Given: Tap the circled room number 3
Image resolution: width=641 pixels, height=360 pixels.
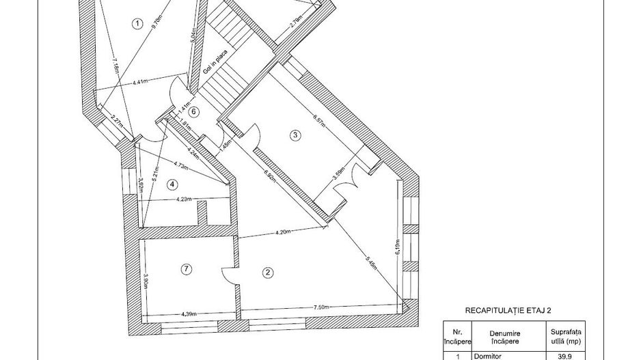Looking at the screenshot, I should coord(295,135).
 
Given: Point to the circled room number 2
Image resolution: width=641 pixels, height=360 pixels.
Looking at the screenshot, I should coord(268,272).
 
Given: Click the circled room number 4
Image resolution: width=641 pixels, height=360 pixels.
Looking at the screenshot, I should coord(172,183).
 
